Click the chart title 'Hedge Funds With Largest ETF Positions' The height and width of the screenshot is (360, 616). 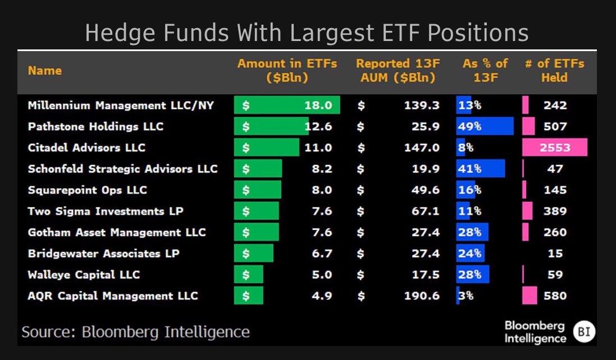pyautogui.click(x=307, y=33)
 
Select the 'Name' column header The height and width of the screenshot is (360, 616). pyautogui.click(x=45, y=71)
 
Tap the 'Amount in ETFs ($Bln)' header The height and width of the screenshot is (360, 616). pyautogui.click(x=287, y=71)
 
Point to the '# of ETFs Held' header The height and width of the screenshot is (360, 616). pyautogui.click(x=554, y=71)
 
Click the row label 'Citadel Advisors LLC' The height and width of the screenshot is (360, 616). pyautogui.click(x=86, y=148)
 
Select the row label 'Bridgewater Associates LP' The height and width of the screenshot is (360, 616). pyautogui.click(x=103, y=253)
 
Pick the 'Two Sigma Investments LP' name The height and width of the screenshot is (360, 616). pyautogui.click(x=106, y=211)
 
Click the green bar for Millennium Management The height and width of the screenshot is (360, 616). pyautogui.click(x=286, y=106)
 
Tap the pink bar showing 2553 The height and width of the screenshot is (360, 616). pyautogui.click(x=554, y=148)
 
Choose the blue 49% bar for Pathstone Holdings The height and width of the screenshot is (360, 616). pyautogui.click(x=485, y=126)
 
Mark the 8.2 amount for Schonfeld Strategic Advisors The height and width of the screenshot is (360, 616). pyautogui.click(x=321, y=169)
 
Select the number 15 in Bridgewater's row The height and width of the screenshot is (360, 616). pyautogui.click(x=555, y=253)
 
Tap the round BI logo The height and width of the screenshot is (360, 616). pyautogui.click(x=583, y=332)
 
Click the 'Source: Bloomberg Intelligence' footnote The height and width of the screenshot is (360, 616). pyautogui.click(x=135, y=332)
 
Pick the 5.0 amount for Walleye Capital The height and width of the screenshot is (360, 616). pyautogui.click(x=321, y=275)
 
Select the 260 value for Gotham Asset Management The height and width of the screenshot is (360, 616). pyautogui.click(x=555, y=232)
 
